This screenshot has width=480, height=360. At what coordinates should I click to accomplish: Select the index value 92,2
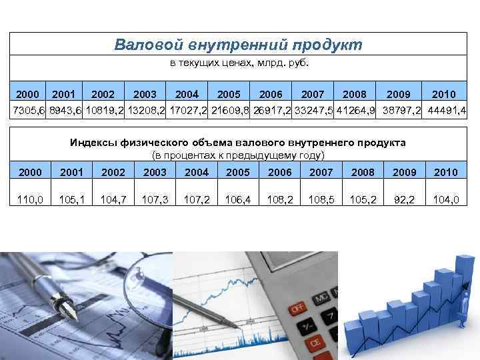[x=404, y=199]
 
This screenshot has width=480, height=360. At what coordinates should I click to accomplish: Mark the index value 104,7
[x=113, y=199]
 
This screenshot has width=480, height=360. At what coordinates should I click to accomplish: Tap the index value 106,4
[x=237, y=199]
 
